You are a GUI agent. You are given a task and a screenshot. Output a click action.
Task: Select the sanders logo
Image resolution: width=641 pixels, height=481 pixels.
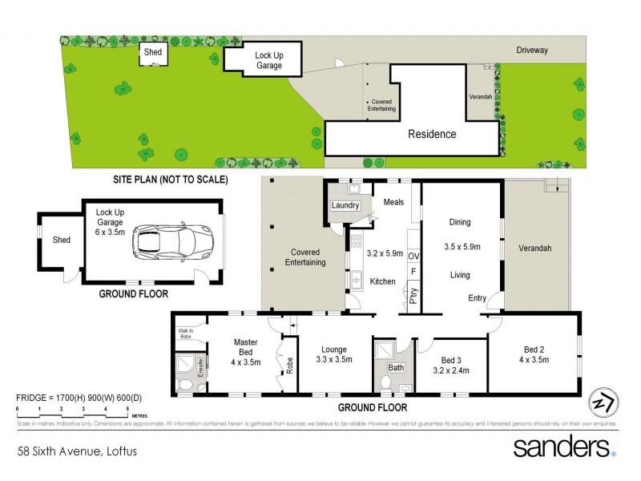pyautogui.click(x=564, y=447)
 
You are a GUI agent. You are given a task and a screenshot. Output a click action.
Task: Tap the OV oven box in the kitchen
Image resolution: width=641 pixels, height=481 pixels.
pyautogui.click(x=414, y=256)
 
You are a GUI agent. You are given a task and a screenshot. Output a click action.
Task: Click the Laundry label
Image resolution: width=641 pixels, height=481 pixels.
pyautogui.click(x=346, y=206)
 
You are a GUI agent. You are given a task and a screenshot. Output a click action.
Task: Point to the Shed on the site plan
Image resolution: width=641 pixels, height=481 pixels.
pyautogui.click(x=152, y=53)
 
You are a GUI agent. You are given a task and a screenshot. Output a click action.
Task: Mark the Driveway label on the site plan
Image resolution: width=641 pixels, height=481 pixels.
pyautogui.click(x=532, y=50)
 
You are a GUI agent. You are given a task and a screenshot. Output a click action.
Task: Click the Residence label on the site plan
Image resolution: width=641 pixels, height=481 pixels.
pyautogui.click(x=433, y=134)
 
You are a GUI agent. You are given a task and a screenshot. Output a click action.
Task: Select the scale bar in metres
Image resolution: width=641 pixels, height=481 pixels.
pyautogui.click(x=72, y=410)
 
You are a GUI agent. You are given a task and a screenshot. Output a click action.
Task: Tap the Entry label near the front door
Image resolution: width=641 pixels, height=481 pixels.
pyautogui.click(x=478, y=298)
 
